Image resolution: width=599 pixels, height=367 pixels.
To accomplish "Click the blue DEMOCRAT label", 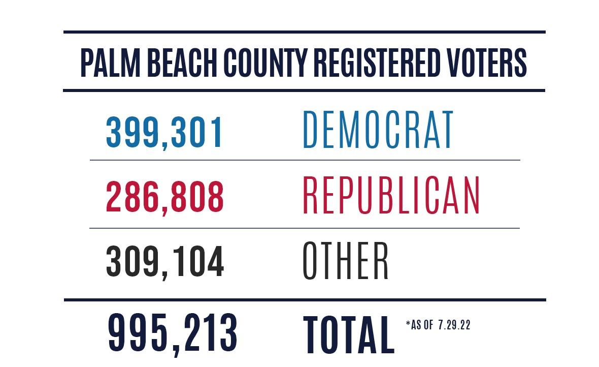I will [378, 130].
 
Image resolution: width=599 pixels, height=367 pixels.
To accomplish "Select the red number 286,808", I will [164, 196].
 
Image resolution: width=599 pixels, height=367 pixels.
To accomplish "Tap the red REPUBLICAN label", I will [391, 196].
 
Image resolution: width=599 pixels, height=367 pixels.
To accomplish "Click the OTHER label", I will [346, 261].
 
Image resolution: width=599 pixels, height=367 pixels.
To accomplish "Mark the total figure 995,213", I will [173, 333].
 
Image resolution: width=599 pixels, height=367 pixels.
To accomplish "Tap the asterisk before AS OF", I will [408, 323].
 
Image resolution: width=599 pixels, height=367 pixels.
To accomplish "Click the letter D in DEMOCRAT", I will [311, 130].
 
